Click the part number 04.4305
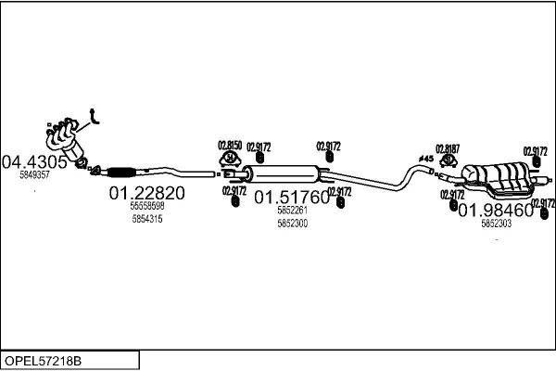[35, 161]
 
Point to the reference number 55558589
[147, 206]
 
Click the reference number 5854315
[147, 219]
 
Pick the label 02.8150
[229, 146]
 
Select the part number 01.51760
[292, 198]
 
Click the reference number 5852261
[292, 211]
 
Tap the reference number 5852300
[292, 224]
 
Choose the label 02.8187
[448, 148]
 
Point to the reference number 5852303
[495, 223]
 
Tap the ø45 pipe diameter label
[426, 160]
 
